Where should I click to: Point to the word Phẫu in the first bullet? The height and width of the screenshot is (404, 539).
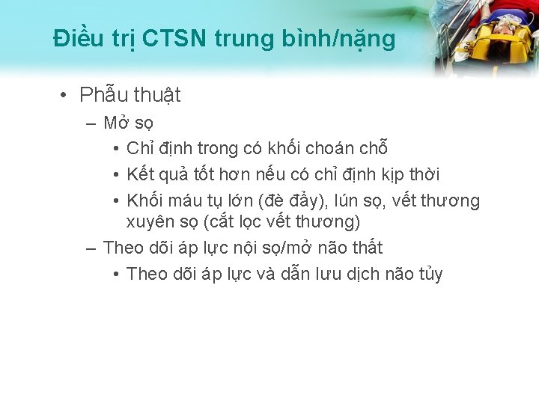[104, 96]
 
